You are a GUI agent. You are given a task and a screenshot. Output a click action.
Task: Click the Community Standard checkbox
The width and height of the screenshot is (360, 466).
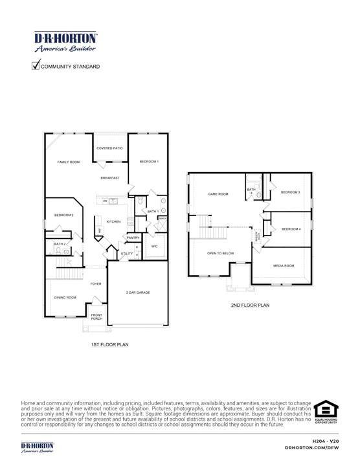click(x=36, y=66)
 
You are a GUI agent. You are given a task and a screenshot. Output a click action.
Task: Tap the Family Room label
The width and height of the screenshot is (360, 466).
click(x=68, y=162)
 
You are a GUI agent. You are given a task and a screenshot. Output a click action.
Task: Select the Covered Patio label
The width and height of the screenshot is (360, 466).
click(x=109, y=148)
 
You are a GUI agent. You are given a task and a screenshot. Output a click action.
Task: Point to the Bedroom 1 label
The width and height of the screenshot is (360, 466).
click(x=149, y=161)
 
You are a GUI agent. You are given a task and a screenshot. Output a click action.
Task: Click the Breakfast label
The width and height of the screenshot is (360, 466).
click(x=110, y=177)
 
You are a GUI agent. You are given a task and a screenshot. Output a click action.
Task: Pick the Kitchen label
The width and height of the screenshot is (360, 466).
click(x=114, y=221)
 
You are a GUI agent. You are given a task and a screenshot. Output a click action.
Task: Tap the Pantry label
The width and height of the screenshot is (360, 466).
click(x=133, y=238)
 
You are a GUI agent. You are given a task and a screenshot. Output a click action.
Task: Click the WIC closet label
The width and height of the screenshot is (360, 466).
click(x=155, y=247)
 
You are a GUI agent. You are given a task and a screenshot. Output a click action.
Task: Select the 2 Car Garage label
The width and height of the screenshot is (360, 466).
click(x=138, y=293)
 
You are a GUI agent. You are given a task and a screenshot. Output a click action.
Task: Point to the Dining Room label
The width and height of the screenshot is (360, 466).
click(x=65, y=297)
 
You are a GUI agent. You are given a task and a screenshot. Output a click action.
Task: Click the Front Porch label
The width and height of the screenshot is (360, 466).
click(x=97, y=316)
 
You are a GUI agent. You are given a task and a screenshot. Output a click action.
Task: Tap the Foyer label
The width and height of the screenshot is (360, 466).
click(x=96, y=283)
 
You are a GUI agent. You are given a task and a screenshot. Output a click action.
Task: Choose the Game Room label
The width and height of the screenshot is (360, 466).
click(x=218, y=194)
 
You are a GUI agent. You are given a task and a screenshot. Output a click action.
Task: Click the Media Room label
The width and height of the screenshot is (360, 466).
click(x=284, y=265)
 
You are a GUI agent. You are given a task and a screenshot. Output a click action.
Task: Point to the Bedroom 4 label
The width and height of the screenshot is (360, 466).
click(x=291, y=229)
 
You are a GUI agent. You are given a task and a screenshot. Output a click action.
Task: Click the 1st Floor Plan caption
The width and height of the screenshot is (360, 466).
click(x=109, y=345)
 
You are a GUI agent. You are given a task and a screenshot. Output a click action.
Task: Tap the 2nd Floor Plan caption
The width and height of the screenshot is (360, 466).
click(x=250, y=305)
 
